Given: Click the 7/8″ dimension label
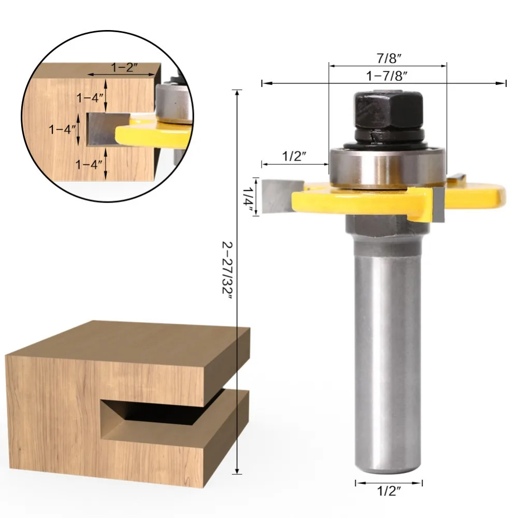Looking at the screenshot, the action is (389, 59).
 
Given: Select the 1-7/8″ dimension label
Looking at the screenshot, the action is (386, 76).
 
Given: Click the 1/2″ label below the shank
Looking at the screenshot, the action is (389, 491).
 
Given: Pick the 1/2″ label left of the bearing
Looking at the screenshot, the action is (294, 156).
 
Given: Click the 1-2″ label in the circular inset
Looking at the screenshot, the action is (124, 67).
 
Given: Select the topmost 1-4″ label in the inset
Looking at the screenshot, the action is (90, 98).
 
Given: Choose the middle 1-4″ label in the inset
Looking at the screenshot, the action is (62, 129).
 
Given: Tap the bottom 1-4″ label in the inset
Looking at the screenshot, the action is (89, 164).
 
